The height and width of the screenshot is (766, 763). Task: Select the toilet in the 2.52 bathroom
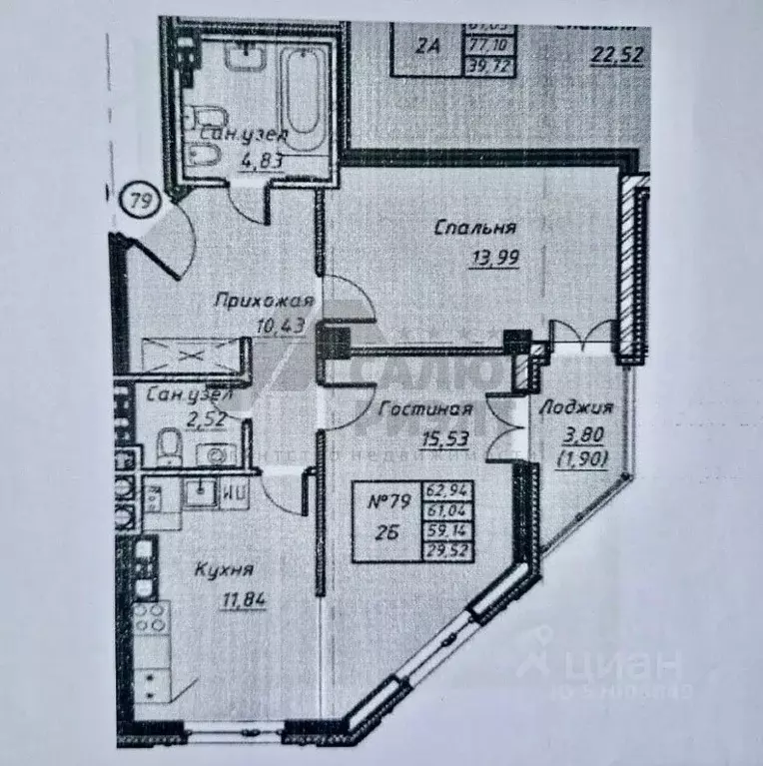click(x=168, y=443)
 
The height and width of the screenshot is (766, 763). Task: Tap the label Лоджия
click(x=574, y=407)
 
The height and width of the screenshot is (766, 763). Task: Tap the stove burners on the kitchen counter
click(x=154, y=621)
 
